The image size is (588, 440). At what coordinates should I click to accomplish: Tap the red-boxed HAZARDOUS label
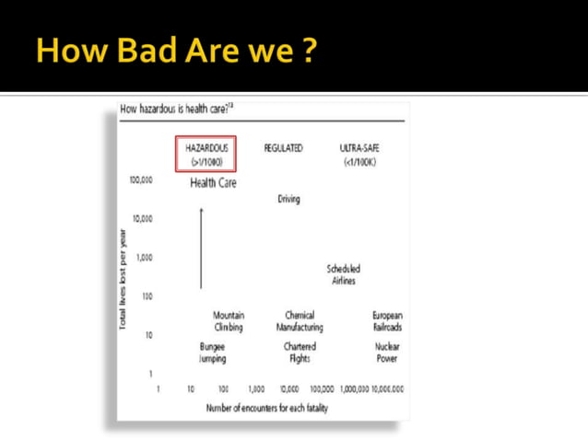click(206, 154)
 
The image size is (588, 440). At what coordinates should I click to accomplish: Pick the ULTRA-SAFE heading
click(359, 154)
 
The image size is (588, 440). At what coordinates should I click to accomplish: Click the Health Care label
click(213, 183)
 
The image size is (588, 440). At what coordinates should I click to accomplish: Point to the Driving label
click(288, 199)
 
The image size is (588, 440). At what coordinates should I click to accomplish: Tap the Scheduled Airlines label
click(343, 274)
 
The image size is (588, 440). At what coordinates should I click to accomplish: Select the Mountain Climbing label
click(229, 321)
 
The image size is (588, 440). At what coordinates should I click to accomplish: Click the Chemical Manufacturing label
click(300, 321)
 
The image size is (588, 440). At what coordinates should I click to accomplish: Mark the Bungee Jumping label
click(213, 353)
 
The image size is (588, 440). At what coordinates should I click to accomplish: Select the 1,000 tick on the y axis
click(144, 258)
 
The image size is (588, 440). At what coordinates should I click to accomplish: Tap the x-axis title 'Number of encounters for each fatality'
click(267, 407)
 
